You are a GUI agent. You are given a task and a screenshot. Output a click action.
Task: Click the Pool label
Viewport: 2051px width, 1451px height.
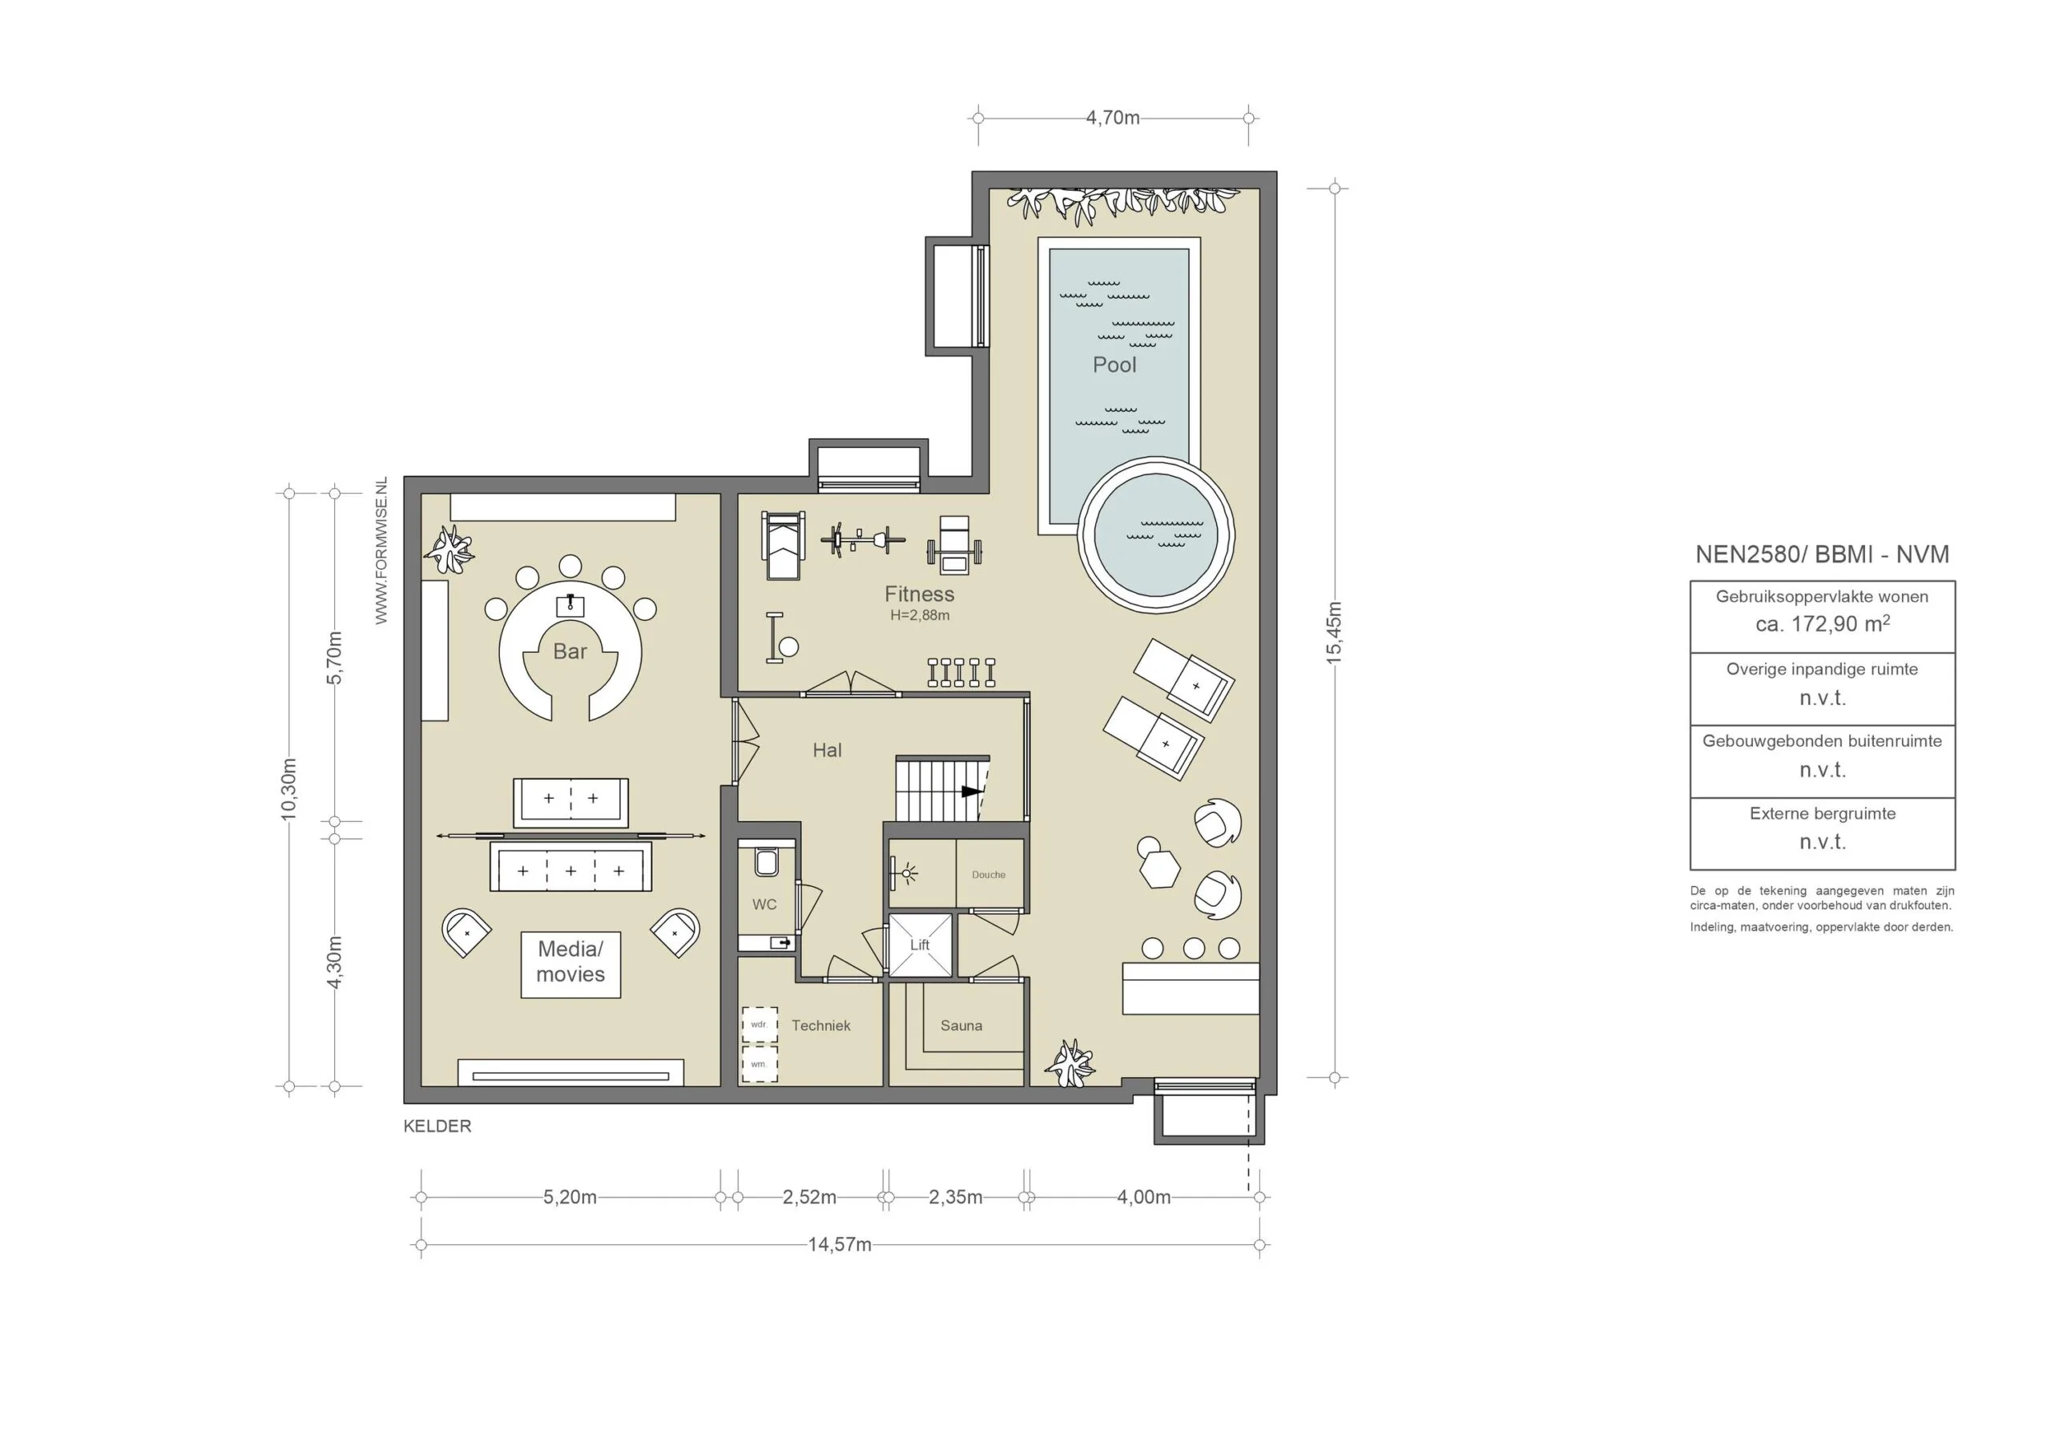click(1114, 365)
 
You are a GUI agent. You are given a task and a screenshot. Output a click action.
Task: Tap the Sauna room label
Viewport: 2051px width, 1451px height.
click(961, 1026)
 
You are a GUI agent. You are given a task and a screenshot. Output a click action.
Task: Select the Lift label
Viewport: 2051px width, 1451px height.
click(920, 945)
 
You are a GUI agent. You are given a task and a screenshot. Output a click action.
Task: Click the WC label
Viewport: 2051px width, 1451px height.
click(764, 905)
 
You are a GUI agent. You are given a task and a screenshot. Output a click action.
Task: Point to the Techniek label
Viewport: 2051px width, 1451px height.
click(821, 1026)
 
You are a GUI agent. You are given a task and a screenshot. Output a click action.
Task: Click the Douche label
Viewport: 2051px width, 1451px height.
click(989, 875)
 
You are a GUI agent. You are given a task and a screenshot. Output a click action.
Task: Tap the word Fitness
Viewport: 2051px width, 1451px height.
click(919, 595)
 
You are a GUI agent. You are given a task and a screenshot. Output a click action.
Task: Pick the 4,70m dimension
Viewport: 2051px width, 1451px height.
click(1112, 118)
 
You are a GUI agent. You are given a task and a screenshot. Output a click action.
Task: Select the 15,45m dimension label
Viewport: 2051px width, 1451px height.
click(1334, 633)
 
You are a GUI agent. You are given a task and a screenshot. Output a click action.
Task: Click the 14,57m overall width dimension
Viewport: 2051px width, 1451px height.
click(840, 1244)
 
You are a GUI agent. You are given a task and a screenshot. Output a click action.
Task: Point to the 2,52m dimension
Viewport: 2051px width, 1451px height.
click(809, 1197)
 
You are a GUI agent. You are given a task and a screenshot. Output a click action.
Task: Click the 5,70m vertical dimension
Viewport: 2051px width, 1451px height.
click(334, 658)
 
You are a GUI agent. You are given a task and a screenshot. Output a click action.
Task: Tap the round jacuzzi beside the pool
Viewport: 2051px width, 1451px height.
click(1156, 535)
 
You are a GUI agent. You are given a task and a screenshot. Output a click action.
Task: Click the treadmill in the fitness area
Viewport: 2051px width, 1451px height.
click(784, 546)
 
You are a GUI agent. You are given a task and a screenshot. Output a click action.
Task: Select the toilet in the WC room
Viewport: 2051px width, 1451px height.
click(766, 861)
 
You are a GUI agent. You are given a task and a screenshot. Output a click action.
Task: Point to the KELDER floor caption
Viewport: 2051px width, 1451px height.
click(437, 1126)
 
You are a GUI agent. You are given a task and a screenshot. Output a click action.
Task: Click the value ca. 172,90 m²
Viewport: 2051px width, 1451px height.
click(1823, 623)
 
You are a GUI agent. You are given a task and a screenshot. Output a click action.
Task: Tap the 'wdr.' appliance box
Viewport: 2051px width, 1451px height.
click(760, 1025)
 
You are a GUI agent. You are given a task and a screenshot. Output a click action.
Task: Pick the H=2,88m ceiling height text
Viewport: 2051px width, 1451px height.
click(919, 615)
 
